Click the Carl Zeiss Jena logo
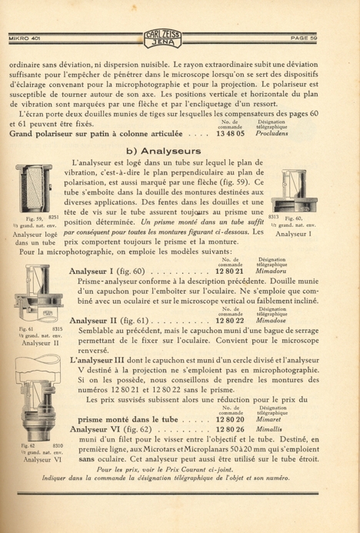[x=163, y=38]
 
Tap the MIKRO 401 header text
[x=25, y=38]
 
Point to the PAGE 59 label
[x=304, y=38]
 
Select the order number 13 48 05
[x=230, y=134]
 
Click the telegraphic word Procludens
[x=272, y=134]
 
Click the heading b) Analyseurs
[x=164, y=151]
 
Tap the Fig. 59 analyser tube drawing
[x=34, y=188]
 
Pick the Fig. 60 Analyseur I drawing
[x=295, y=191]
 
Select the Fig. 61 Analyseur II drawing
[x=38, y=294]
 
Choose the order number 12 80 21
[x=230, y=271]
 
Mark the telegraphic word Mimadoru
[x=271, y=271]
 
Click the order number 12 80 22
[x=230, y=321]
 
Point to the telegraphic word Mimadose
[x=271, y=321]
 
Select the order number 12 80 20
[x=230, y=419]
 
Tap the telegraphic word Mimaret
[x=268, y=419]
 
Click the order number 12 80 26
[x=230, y=429]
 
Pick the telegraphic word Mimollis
[x=269, y=429]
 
